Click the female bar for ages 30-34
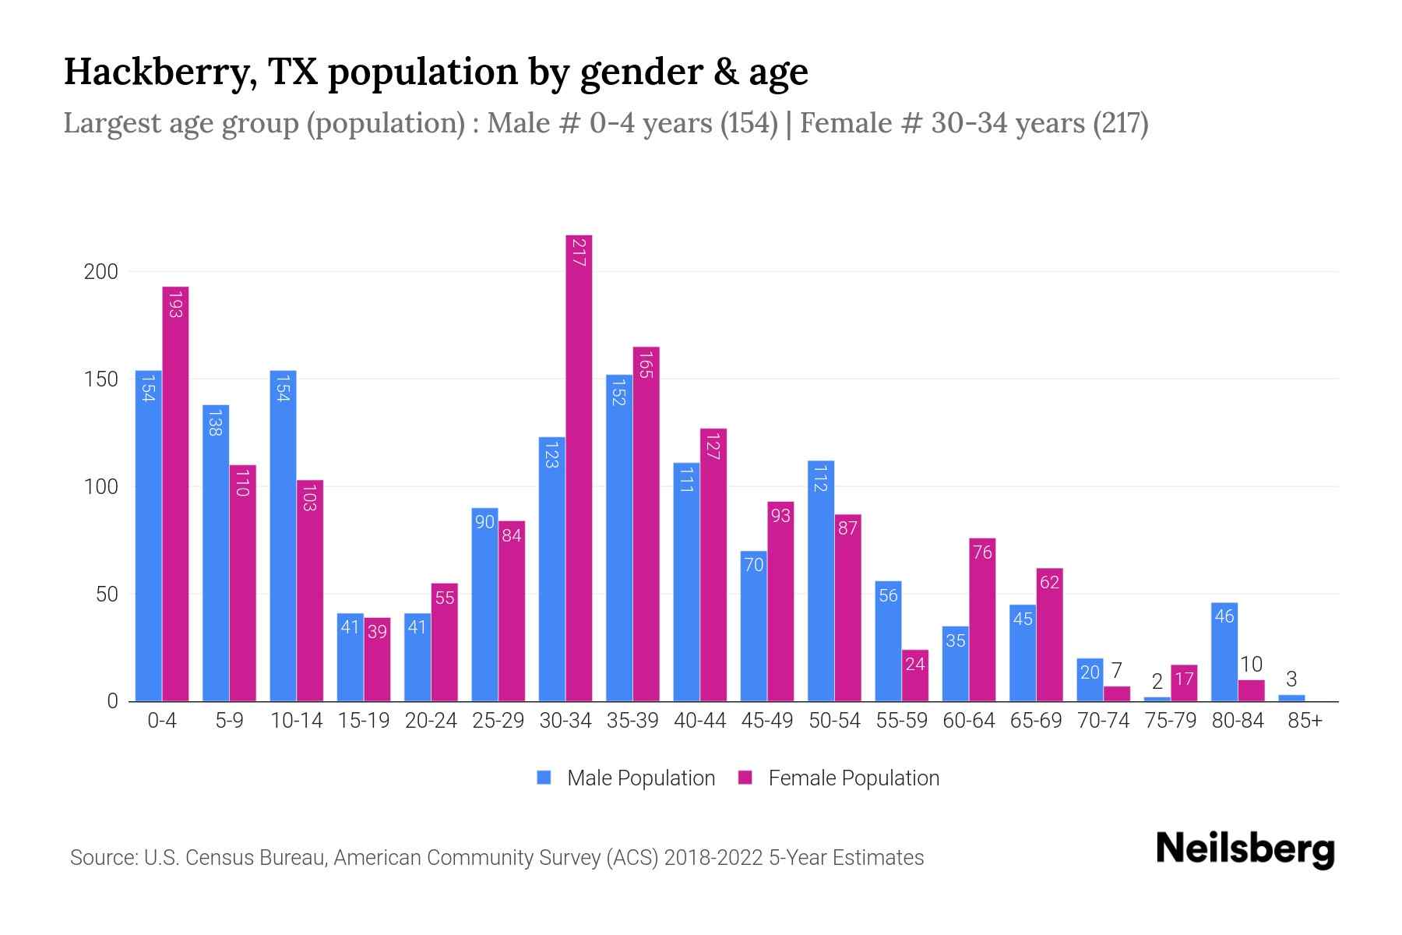tap(579, 467)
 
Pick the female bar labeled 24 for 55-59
tap(915, 676)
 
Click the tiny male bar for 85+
tap(1291, 698)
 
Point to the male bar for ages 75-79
tap(1157, 699)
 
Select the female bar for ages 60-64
tap(982, 619)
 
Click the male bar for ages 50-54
tap(821, 580)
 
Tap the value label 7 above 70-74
tap(1116, 671)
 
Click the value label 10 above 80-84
tap(1251, 665)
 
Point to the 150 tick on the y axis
tap(101, 379)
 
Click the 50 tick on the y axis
tap(107, 595)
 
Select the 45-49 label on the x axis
tap(767, 721)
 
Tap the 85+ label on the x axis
tap(1305, 721)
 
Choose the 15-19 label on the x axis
tap(364, 721)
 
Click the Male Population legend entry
tap(626, 778)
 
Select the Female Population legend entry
tap(839, 778)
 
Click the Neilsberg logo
tap(1245, 849)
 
